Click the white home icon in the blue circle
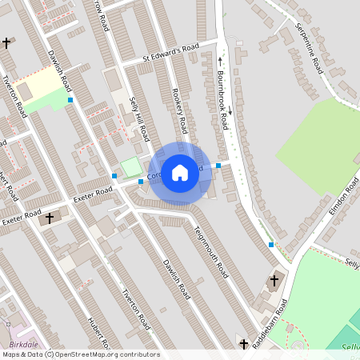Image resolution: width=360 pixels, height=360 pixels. click(x=180, y=172)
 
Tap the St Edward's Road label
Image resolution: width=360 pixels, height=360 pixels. click(x=170, y=53)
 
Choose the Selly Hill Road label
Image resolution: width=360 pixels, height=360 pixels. click(x=141, y=121)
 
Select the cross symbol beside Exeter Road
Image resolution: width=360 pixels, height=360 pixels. click(x=50, y=218)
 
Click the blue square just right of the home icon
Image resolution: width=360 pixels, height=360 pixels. click(x=218, y=166)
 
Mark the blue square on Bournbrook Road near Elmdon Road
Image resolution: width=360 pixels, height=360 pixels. click(x=270, y=244)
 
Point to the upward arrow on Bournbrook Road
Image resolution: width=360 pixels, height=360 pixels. click(x=221, y=58)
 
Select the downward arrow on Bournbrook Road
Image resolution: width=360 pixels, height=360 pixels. click(x=229, y=111)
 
